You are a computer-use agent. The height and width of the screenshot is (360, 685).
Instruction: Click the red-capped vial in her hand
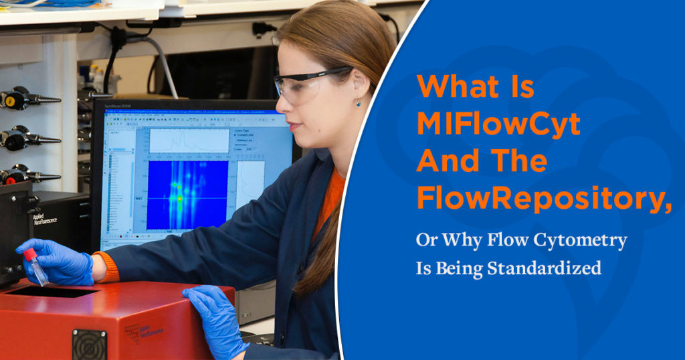[35, 266]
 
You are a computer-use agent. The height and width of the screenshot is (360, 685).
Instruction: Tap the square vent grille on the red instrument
[89, 344]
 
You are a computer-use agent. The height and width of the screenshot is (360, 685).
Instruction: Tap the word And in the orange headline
[448, 161]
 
